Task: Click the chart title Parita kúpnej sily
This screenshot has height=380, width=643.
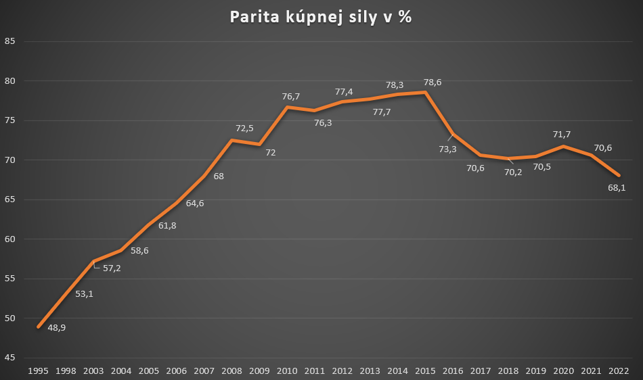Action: (320, 18)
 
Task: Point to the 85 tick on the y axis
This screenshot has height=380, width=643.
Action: (9, 42)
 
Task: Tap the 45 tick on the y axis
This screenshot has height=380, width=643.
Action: (9, 358)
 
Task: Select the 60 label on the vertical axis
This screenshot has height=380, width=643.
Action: (9, 239)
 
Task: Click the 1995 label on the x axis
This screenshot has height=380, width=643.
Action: (37, 371)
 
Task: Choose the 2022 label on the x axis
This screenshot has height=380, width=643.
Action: (619, 371)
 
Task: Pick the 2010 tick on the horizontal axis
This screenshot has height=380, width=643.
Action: (287, 371)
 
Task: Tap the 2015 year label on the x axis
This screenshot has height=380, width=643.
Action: (425, 371)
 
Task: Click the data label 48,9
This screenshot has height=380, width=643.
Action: (56, 328)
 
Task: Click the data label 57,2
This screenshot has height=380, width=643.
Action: (112, 268)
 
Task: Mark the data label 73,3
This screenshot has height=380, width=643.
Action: (447, 149)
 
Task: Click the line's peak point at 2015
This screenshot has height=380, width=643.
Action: (426, 92)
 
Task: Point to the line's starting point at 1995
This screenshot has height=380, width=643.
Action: (38, 327)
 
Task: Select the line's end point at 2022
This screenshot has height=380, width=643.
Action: (619, 175)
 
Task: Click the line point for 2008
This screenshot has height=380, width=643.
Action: (231, 141)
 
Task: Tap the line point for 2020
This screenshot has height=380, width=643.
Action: (563, 147)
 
